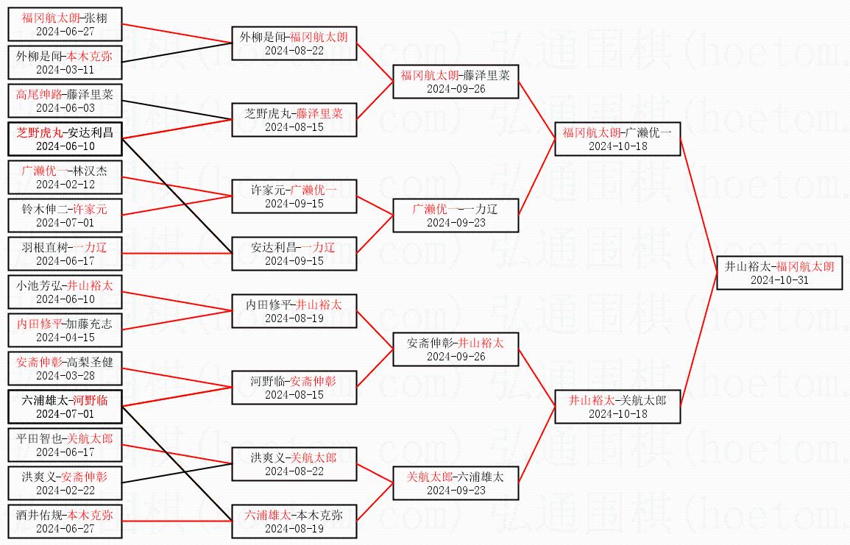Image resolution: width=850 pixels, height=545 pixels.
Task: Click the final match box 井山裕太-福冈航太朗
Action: pyautogui.click(x=779, y=273)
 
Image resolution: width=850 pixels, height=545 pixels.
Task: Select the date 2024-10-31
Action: pyautogui.click(x=779, y=280)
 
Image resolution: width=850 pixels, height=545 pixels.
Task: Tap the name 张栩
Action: pyautogui.click(x=96, y=18)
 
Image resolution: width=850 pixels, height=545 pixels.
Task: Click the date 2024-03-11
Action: pyautogui.click(x=65, y=69)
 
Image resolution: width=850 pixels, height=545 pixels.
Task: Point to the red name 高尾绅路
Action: pyautogui.click(x=39, y=94)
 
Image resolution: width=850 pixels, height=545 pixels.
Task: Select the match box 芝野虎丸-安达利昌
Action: pyautogui.click(x=65, y=140)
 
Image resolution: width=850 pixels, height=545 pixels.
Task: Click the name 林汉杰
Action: pyautogui.click(x=92, y=171)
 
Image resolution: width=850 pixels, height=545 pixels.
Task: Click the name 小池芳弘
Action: pyautogui.click(x=38, y=285)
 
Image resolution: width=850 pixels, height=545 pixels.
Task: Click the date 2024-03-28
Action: pyautogui.click(x=65, y=375)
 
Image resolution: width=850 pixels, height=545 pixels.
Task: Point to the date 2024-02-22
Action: pyautogui.click(x=65, y=490)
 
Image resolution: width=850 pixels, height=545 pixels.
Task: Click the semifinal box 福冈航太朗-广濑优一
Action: pyautogui.click(x=617, y=139)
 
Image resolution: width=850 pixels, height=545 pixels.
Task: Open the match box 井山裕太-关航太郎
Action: pyautogui.click(x=617, y=407)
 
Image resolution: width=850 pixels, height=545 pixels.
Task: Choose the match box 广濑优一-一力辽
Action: pyautogui.click(x=456, y=215)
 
